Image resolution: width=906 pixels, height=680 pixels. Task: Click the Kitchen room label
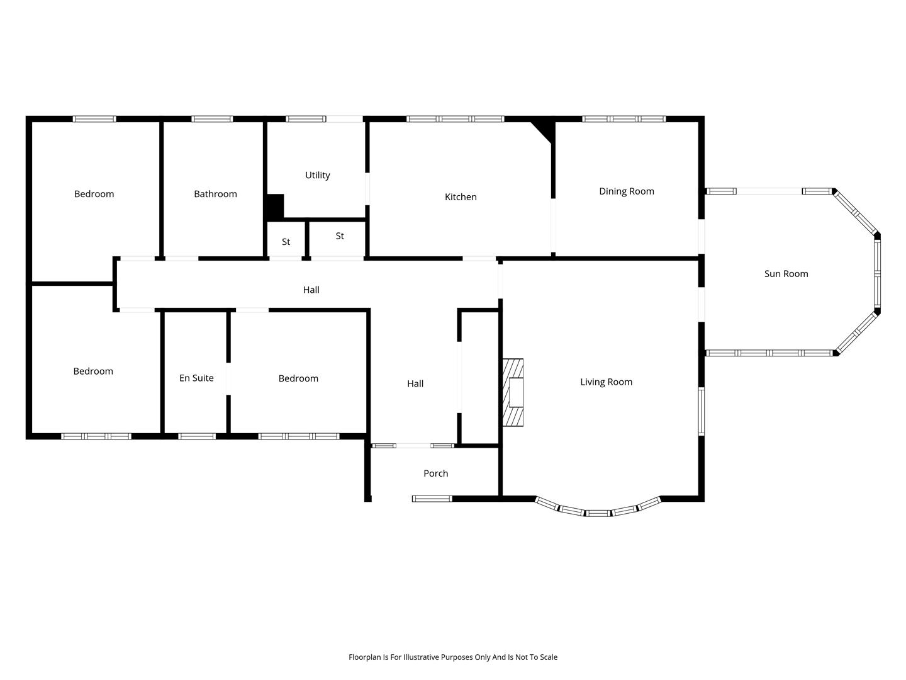click(460, 197)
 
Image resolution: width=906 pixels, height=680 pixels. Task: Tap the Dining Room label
click(626, 191)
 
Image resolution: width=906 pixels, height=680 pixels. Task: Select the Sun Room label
click(786, 274)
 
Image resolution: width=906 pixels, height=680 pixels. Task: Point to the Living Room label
click(606, 382)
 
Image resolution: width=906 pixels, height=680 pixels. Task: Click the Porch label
click(435, 473)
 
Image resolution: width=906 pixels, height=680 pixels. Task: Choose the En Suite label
click(196, 378)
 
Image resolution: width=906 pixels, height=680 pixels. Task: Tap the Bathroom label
click(215, 194)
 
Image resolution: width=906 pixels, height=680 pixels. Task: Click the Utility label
click(317, 175)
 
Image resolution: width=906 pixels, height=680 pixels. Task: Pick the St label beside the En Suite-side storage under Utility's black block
click(286, 242)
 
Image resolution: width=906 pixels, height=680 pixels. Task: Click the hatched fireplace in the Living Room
click(513, 392)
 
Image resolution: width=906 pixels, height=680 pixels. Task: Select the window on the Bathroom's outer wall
click(212, 119)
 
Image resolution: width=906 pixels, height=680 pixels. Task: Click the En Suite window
click(197, 436)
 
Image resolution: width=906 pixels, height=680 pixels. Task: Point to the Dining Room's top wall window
click(624, 119)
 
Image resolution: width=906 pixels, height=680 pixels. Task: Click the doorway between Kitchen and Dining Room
click(553, 225)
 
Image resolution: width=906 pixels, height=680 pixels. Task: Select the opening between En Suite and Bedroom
click(228, 378)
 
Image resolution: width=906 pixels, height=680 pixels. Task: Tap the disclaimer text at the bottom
click(453, 657)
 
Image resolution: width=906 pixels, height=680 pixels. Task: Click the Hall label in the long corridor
click(311, 290)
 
